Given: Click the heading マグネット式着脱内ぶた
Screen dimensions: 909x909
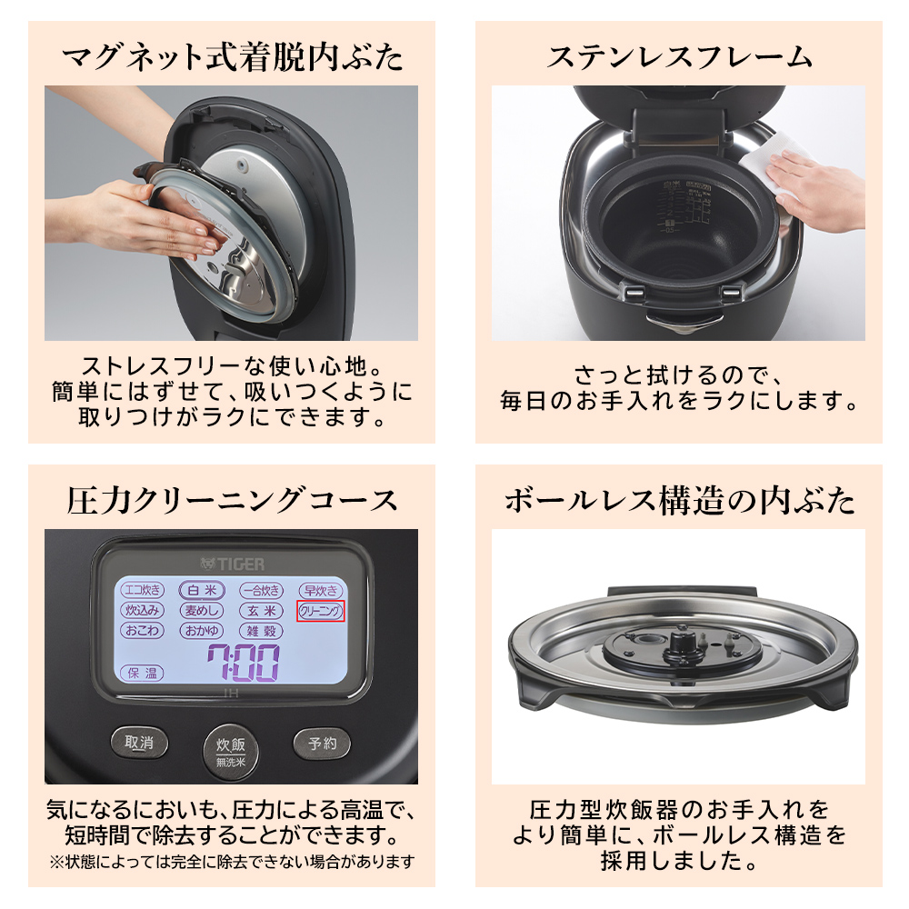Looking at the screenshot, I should pyautogui.click(x=232, y=56).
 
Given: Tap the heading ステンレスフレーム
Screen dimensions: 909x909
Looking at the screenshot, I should pyautogui.click(x=678, y=56).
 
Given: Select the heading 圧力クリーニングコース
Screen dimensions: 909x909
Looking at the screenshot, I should pyautogui.click(x=232, y=500).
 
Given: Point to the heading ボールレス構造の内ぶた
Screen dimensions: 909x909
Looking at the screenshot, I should pyautogui.click(x=678, y=500).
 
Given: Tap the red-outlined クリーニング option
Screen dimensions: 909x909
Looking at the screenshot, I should pyautogui.click(x=322, y=611).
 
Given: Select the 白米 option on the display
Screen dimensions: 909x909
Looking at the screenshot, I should pyautogui.click(x=201, y=590).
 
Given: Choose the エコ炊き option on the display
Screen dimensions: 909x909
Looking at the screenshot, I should pyautogui.click(x=142, y=590).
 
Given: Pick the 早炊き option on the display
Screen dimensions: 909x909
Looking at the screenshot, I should pyautogui.click(x=321, y=590).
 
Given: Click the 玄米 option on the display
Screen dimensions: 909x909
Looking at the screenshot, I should pyautogui.click(x=262, y=611).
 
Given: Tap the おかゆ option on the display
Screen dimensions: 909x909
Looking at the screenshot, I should pyautogui.click(x=201, y=631).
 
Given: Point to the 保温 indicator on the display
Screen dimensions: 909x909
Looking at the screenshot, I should pyautogui.click(x=142, y=674).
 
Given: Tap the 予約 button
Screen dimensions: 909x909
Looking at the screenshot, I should pyautogui.click(x=322, y=744).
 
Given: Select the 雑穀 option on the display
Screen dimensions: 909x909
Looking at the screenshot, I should pyautogui.click(x=262, y=631).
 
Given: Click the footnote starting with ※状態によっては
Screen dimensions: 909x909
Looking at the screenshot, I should pyautogui.click(x=232, y=861).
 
